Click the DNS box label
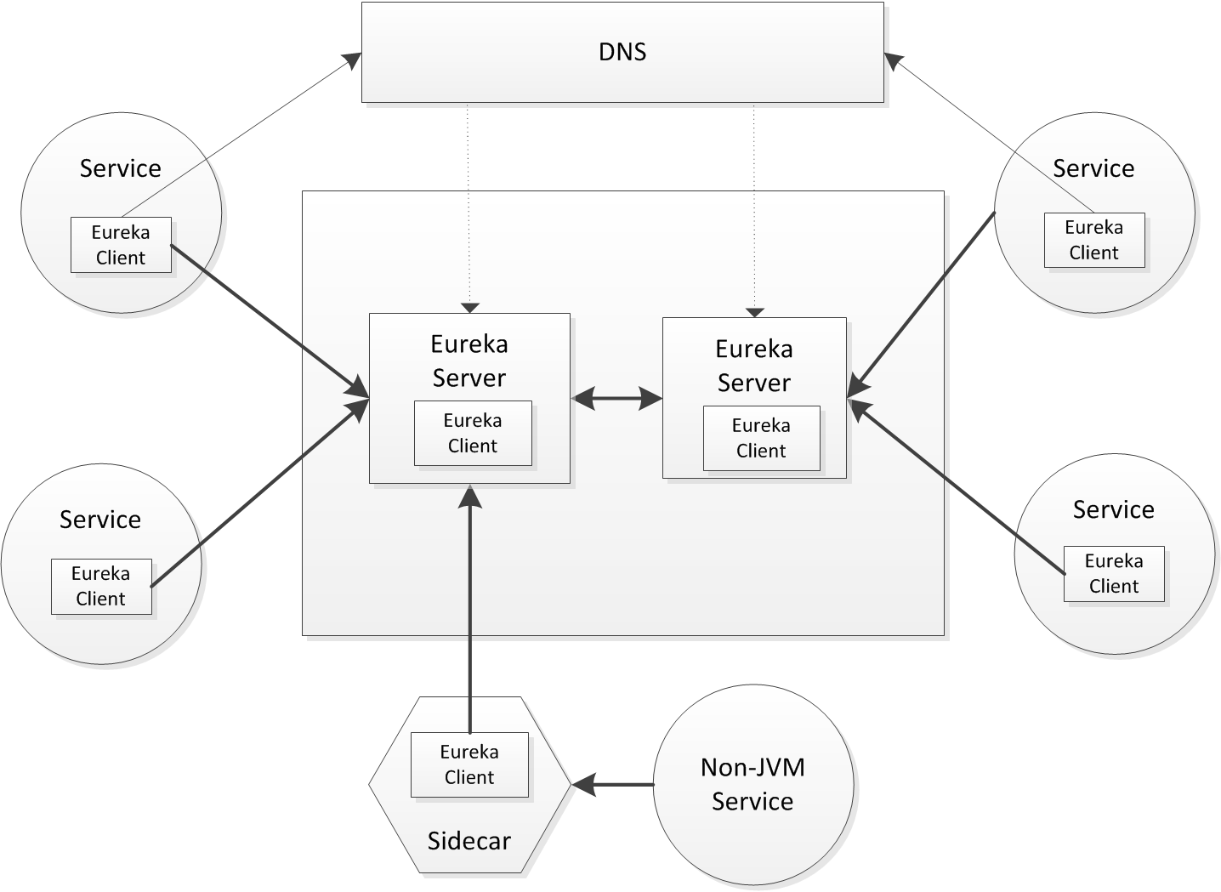coord(622,53)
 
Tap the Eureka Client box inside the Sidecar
coord(469,764)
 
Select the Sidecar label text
coord(469,841)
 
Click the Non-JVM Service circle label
coord(752,784)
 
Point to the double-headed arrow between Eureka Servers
coord(617,397)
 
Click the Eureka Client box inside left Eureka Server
coord(473,434)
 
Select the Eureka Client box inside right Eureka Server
coord(761,438)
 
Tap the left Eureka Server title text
coord(469,361)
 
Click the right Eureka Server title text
coord(754,366)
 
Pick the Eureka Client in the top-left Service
coord(121,245)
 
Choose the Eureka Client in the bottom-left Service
coord(101,586)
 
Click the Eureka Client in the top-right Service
coord(1094,241)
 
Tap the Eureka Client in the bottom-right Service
coord(1114,574)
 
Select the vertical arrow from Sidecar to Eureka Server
coord(469,612)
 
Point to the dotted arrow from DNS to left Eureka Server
coord(469,204)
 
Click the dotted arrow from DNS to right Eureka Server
coord(754,204)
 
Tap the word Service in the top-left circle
coord(121,168)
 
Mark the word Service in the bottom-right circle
coord(1114,509)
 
